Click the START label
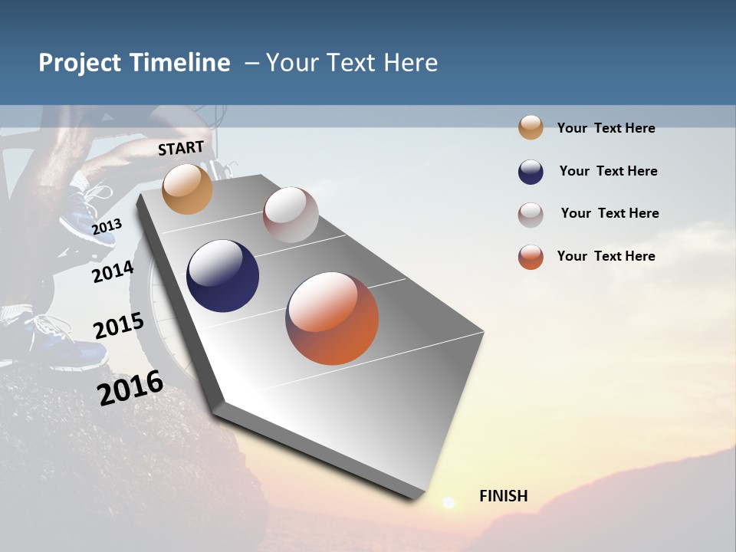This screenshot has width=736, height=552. point(181,148)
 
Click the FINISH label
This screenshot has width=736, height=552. point(503,496)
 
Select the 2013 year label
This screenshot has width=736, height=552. point(107,226)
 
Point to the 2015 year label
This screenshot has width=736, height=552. point(119,326)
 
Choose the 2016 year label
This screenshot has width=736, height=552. point(130,387)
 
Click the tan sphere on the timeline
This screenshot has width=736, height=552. point(187,189)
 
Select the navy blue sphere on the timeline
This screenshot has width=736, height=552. point(222,276)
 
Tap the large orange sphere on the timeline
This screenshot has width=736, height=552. point(332,318)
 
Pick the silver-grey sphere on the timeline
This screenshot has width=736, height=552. point(291,215)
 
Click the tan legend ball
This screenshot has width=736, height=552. point(531,127)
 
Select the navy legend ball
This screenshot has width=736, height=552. point(531,172)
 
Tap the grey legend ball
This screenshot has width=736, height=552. point(531,215)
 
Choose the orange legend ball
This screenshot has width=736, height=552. point(531,257)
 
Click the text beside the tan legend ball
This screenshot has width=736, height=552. point(606,128)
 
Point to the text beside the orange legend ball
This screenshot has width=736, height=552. point(606,256)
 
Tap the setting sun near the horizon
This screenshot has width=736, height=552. point(449,502)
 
